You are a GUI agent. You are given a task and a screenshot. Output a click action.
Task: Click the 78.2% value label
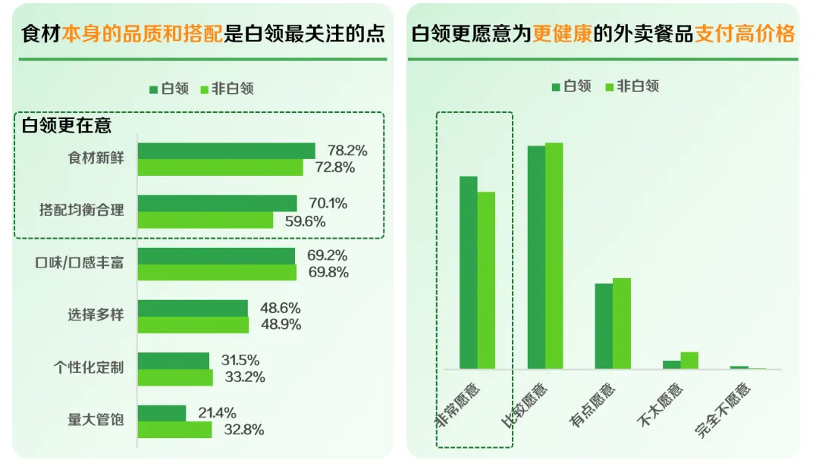click(x=347, y=151)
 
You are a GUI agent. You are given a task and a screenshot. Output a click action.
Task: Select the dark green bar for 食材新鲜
click(x=226, y=151)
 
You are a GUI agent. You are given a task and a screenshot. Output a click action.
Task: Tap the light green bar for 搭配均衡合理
click(x=205, y=220)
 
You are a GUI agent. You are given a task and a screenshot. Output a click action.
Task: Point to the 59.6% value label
click(x=305, y=221)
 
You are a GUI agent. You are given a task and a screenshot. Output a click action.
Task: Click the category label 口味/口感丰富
click(x=81, y=264)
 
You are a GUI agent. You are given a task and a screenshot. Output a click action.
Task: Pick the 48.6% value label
click(x=281, y=308)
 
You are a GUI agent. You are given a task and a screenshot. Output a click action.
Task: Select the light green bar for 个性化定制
click(x=175, y=377)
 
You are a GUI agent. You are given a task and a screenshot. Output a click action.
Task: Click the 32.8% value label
click(x=243, y=430)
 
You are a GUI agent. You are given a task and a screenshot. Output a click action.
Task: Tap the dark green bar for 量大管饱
click(x=162, y=413)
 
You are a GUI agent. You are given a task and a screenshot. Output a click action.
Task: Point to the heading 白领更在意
click(x=67, y=125)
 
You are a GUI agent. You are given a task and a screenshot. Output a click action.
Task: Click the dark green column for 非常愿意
click(x=468, y=273)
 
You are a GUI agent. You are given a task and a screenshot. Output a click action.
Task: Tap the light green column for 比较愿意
click(x=554, y=255)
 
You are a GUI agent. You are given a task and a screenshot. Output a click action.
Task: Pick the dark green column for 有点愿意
click(x=604, y=326)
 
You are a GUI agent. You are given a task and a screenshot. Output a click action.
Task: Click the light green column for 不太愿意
click(x=689, y=361)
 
